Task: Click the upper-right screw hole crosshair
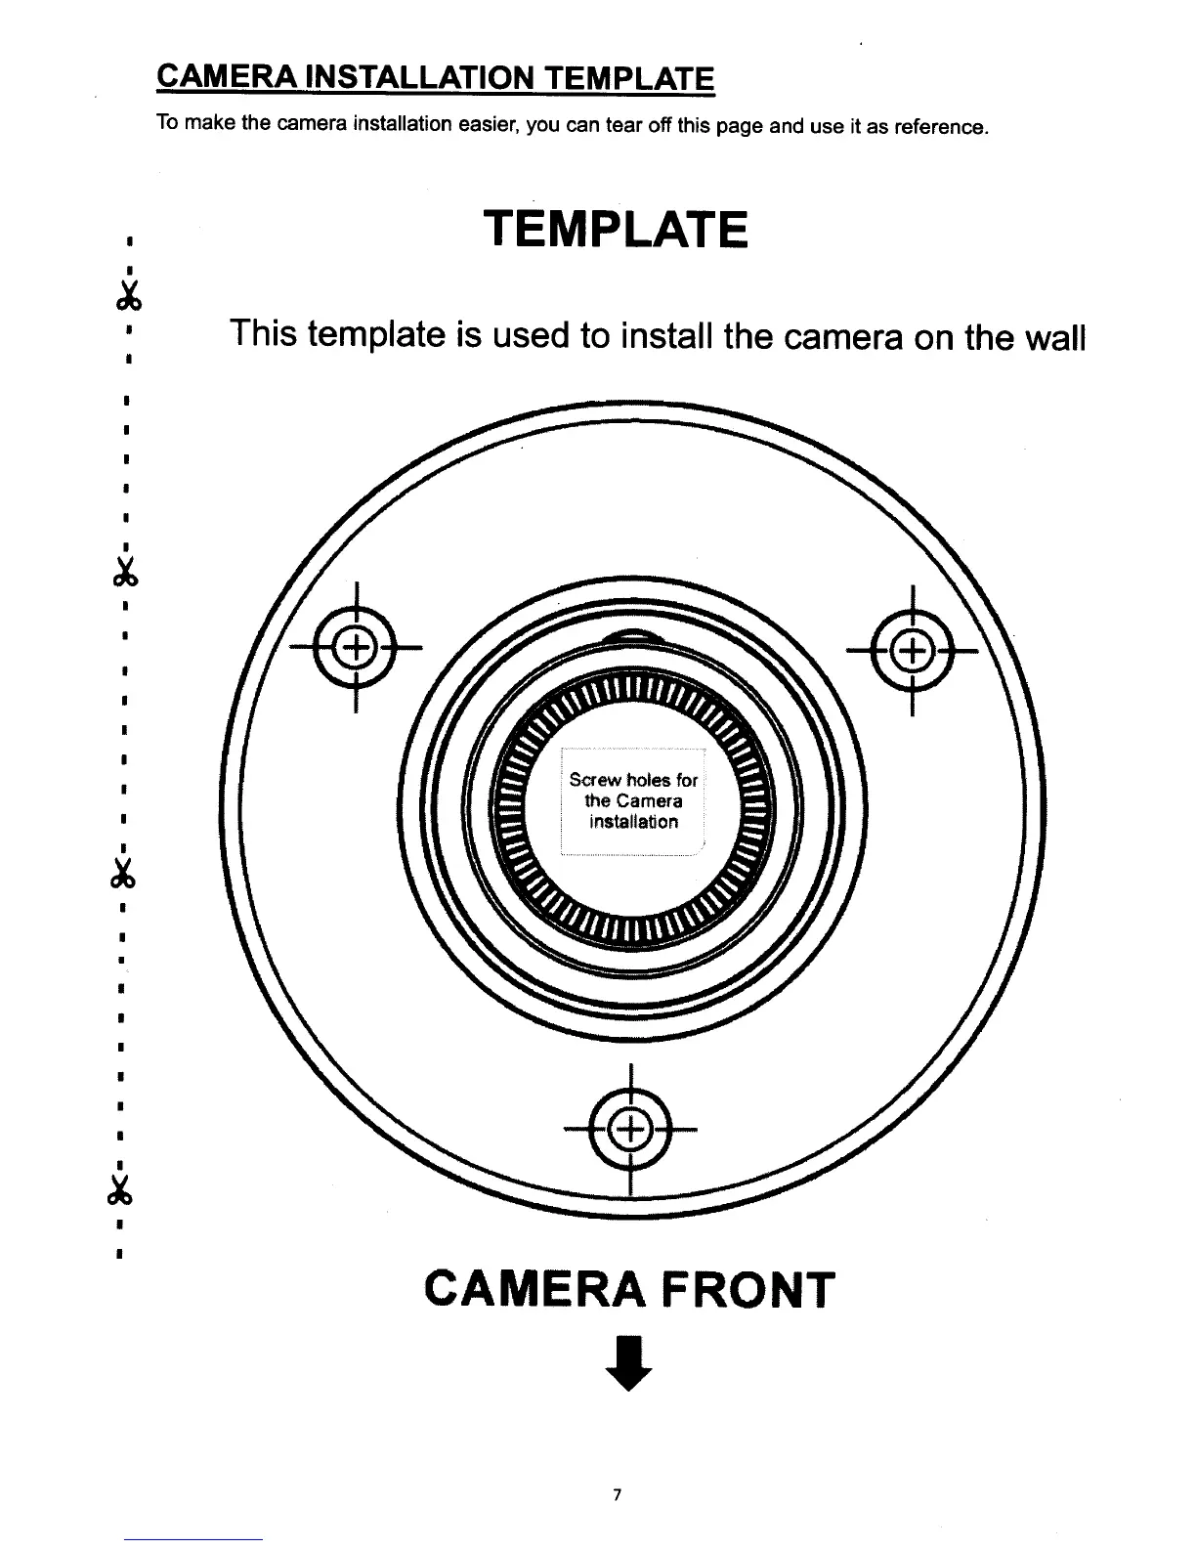pyautogui.click(x=911, y=649)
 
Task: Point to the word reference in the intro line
pyautogui.click(x=940, y=127)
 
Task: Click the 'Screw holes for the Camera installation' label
pyautogui.click(x=633, y=800)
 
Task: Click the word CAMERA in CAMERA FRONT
pyautogui.click(x=534, y=1290)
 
